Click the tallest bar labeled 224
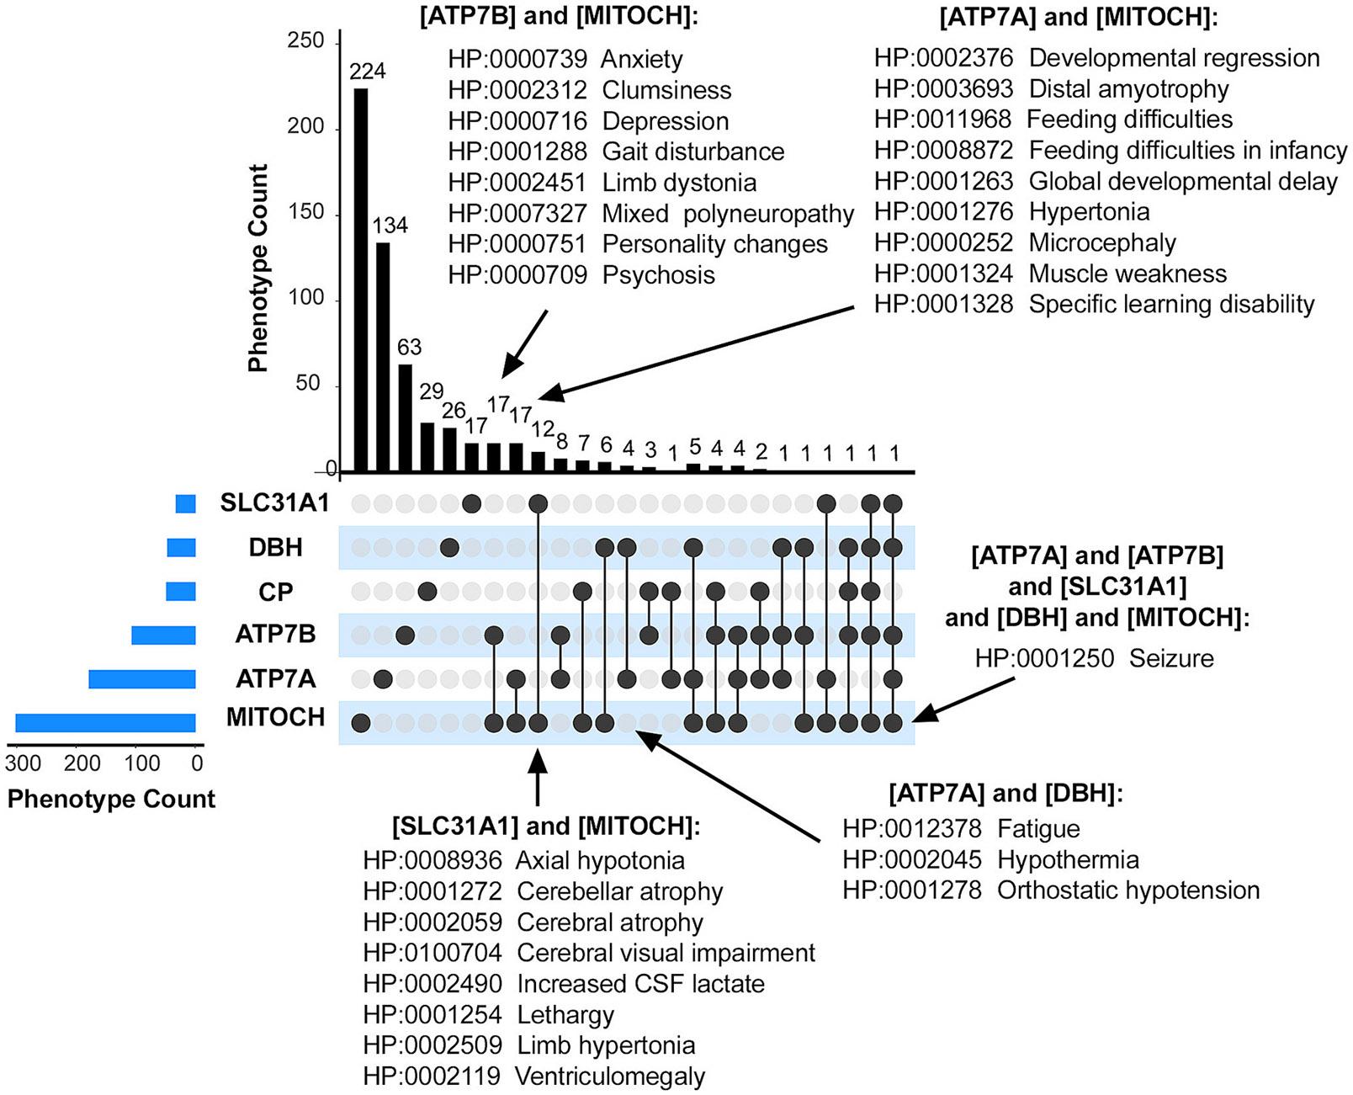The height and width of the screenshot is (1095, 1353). [360, 279]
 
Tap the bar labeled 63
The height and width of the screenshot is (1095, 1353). [405, 417]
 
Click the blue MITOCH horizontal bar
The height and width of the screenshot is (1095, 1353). [105, 723]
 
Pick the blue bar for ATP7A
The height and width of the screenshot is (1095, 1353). [142, 678]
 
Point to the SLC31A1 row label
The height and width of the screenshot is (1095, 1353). [274, 502]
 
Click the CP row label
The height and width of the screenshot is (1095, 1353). [275, 592]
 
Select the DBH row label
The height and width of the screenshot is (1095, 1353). [275, 547]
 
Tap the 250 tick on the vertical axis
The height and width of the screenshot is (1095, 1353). [305, 40]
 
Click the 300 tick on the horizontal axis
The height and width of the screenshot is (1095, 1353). [23, 763]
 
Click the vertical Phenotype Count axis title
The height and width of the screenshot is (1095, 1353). [257, 268]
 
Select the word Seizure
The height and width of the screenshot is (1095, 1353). [1171, 658]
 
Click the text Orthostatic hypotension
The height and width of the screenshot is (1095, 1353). [1128, 890]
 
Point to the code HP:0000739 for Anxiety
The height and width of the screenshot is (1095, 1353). [517, 59]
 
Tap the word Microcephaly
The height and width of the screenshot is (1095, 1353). [1102, 242]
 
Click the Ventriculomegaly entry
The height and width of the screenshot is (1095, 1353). [610, 1076]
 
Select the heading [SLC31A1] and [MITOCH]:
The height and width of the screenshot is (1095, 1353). [545, 826]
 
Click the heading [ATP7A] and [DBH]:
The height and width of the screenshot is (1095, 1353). [1005, 793]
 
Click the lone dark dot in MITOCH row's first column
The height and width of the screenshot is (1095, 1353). [361, 722]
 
